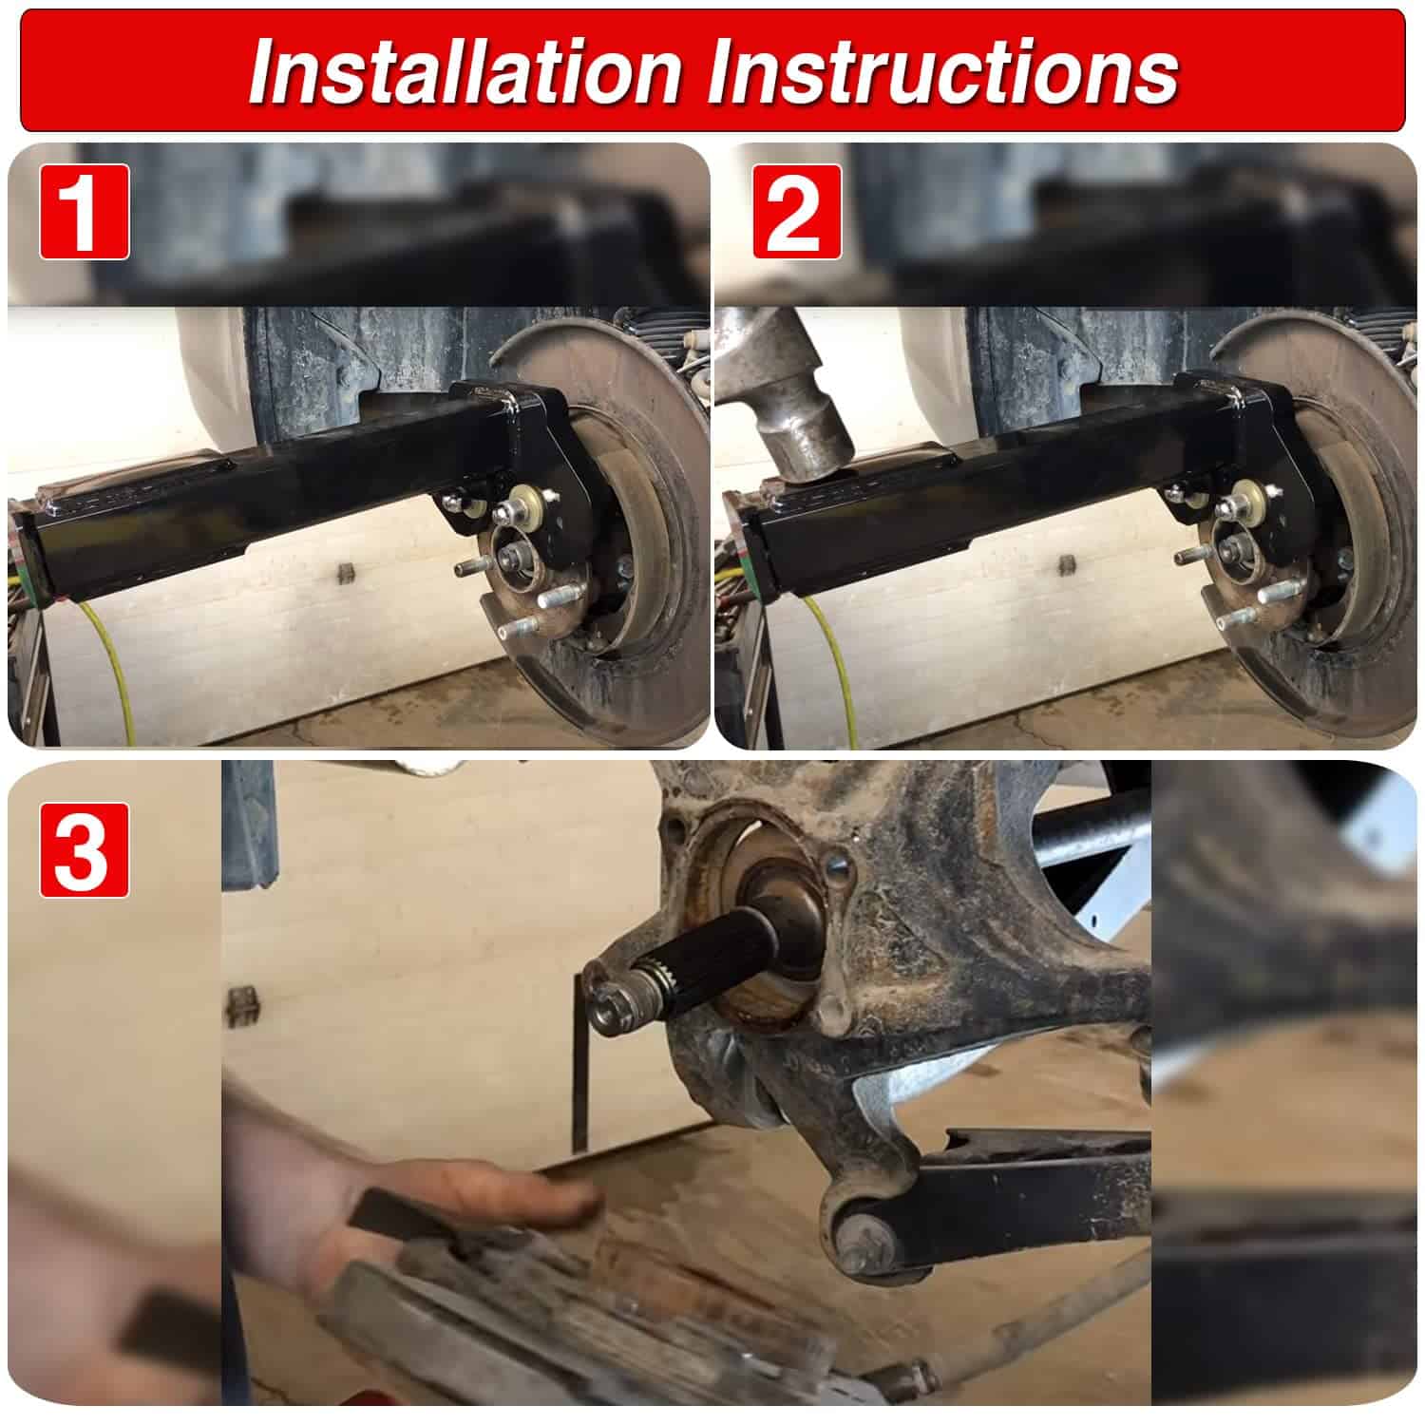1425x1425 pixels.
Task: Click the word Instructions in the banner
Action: point(946,71)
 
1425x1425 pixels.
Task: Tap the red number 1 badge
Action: point(84,211)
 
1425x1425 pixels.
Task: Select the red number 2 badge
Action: point(797,211)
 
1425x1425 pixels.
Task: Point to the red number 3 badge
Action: point(84,850)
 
